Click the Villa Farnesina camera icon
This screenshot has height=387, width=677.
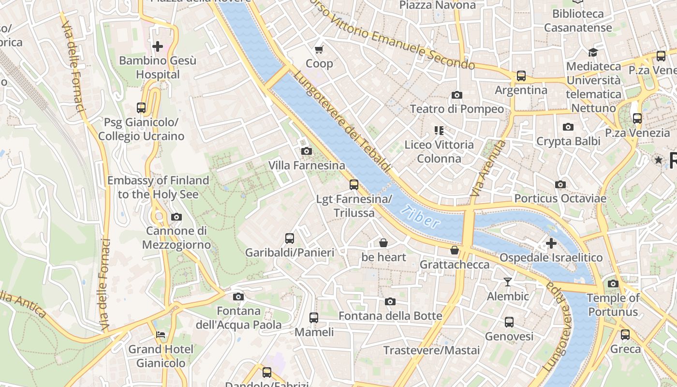point(306,151)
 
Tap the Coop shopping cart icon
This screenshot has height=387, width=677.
point(319,49)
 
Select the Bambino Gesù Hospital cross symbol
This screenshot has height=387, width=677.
point(158,46)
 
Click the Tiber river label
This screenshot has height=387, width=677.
point(420,217)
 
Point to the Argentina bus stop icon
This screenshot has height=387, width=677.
point(521,76)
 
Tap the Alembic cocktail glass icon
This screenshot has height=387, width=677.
point(508,282)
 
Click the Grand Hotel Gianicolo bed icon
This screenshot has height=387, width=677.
point(161,335)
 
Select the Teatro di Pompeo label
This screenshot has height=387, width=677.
point(456,109)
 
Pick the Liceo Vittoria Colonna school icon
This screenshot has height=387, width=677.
point(439,130)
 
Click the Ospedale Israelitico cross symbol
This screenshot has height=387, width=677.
point(551,243)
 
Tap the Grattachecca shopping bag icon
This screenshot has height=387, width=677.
point(454,250)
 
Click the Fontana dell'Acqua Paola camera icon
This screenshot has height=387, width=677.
point(238,297)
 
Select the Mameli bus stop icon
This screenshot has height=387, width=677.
point(314,318)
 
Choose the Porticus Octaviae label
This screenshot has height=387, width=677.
point(560,198)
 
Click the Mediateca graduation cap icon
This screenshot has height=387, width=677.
point(593,52)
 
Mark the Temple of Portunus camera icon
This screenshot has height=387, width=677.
point(613,283)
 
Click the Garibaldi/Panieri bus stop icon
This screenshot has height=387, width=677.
point(290,238)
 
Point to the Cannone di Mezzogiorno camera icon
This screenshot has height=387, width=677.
point(177,217)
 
